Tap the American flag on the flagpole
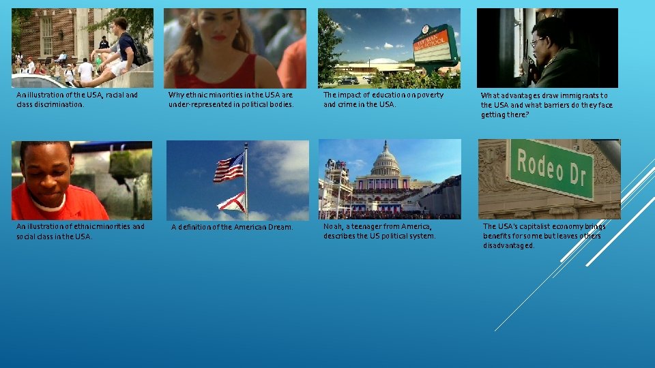tap(229, 168)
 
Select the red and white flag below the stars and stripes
tap(232, 201)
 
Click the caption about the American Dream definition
tap(232, 227)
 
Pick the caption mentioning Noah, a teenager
tap(379, 231)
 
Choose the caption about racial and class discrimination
tap(76, 99)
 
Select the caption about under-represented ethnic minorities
tap(231, 99)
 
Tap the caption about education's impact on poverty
tap(383, 99)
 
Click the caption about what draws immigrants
tap(547, 105)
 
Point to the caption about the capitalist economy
tap(544, 236)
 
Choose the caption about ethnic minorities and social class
tap(81, 231)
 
